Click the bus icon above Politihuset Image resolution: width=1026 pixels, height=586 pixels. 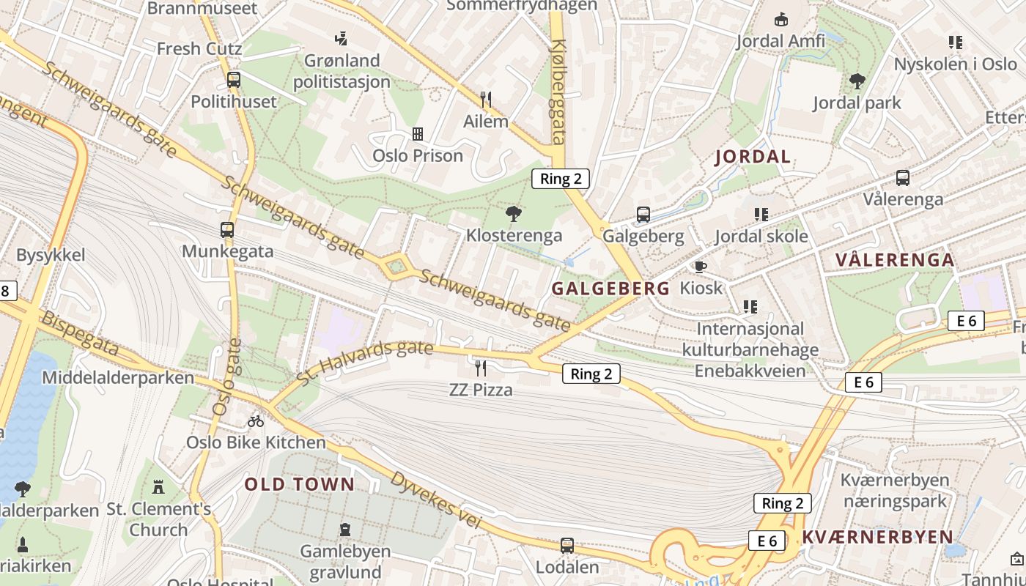point(234,80)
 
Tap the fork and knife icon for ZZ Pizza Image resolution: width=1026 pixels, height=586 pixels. point(481,368)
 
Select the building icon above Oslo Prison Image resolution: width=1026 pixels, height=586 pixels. point(418,133)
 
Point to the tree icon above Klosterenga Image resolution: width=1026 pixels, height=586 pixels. point(514,214)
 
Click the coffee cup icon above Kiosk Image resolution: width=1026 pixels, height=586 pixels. point(701,267)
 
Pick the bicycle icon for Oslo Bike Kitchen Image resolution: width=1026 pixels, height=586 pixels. point(255,421)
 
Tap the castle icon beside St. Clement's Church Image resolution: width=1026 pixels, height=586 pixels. point(158,486)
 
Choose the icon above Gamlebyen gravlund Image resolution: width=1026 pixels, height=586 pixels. point(345,529)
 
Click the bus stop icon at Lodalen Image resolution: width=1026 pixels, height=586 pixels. point(567,545)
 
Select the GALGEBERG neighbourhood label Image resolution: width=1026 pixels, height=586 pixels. point(610,289)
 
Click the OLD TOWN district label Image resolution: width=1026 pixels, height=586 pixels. point(300,484)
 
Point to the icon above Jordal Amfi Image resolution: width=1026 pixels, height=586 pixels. point(780,19)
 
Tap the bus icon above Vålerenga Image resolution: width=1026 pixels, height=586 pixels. point(903,177)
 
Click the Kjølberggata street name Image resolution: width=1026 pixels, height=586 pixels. point(559,92)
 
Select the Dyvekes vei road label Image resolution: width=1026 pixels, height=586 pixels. point(436,500)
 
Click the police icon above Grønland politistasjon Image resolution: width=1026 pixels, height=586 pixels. point(341,38)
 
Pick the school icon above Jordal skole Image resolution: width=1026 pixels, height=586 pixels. point(761,215)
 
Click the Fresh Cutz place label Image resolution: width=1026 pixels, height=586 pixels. point(199,49)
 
